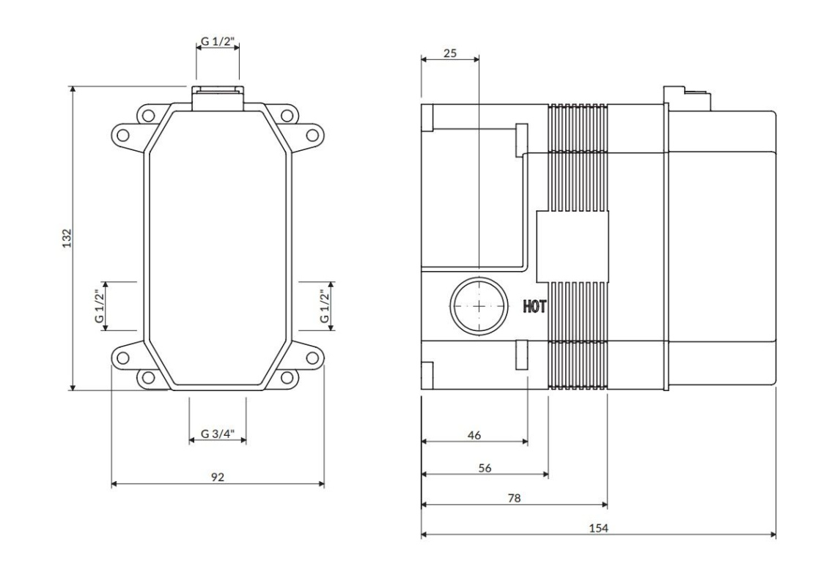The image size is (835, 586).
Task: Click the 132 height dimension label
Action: tap(67, 239)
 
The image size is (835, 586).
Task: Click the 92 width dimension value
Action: tap(218, 477)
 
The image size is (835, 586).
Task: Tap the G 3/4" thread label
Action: tap(218, 433)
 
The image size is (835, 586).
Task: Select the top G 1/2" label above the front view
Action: tap(218, 41)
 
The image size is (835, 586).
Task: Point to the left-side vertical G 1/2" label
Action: tap(99, 306)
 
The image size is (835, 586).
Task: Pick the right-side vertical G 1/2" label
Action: tap(325, 306)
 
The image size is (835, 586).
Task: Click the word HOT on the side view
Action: tap(534, 307)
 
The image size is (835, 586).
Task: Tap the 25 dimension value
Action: tap(450, 53)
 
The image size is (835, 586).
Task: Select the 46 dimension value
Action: tap(474, 435)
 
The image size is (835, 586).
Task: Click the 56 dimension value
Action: tap(485, 468)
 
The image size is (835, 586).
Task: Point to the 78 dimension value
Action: tap(514, 498)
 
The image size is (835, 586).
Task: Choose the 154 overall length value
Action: tap(598, 528)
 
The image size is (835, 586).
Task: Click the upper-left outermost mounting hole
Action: tap(122, 133)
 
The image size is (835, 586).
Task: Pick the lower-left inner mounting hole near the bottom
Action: tap(147, 377)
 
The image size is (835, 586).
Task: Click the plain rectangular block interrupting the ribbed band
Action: tap(572, 246)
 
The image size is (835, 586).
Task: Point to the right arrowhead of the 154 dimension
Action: tap(773, 535)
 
